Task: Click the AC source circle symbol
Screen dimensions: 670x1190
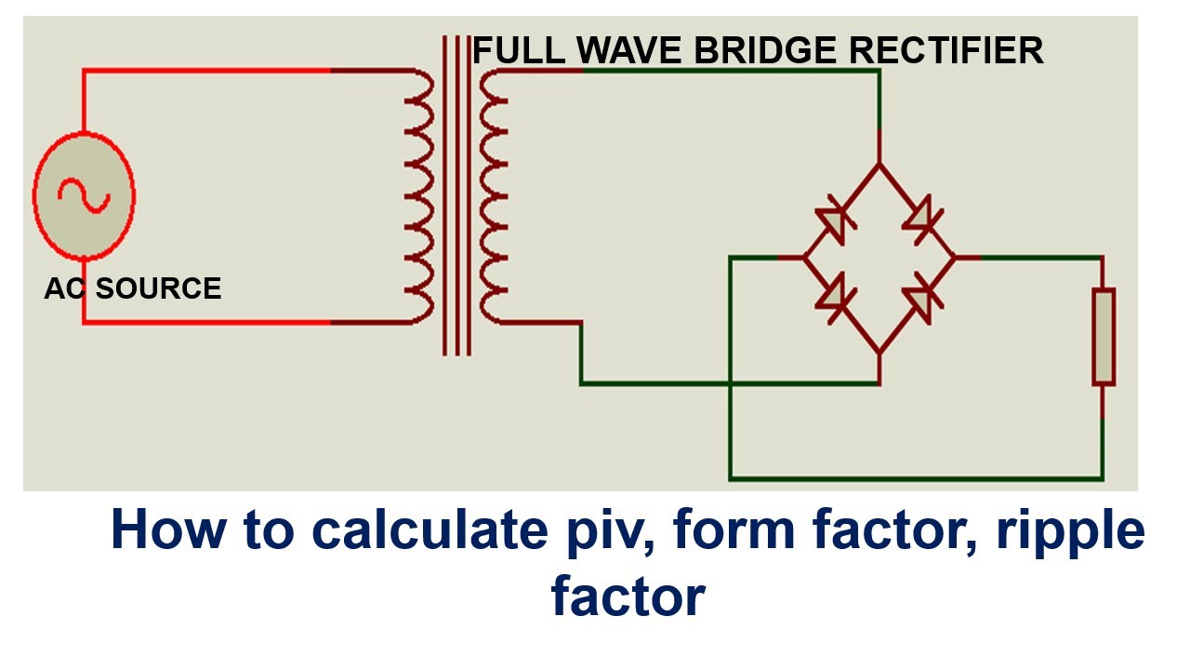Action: [x=84, y=195]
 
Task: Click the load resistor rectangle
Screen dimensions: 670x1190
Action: [x=1103, y=337]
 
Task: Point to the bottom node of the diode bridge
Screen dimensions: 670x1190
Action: [x=879, y=353]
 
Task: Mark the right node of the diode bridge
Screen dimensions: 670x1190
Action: [x=955, y=257]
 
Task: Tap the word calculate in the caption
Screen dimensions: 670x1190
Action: [x=433, y=530]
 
